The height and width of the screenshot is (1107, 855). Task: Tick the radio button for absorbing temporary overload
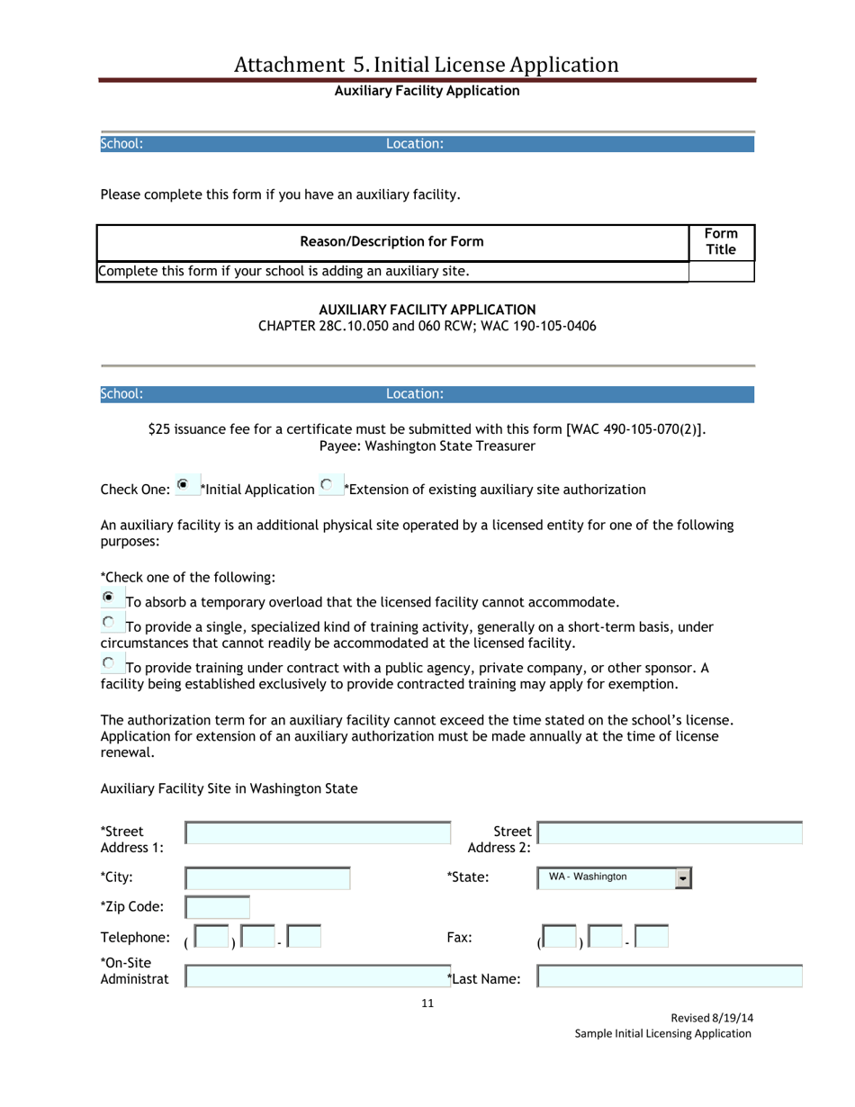pos(108,598)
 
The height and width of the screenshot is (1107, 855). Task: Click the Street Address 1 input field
pos(319,833)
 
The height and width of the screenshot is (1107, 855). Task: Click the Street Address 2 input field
pos(670,833)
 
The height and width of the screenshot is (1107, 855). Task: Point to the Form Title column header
pos(721,240)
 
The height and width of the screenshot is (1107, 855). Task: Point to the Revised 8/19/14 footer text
pos(712,1018)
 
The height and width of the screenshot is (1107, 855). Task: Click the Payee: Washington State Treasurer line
pos(427,445)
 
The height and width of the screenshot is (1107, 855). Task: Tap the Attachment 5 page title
pos(427,64)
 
